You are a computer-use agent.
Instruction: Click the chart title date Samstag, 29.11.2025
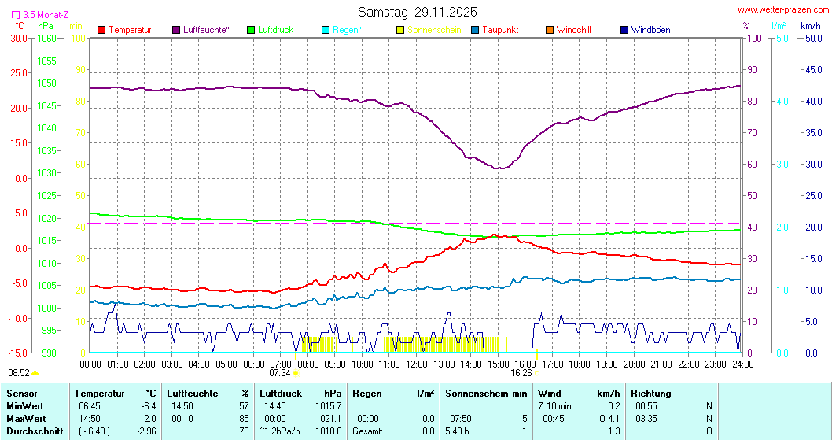point(417,12)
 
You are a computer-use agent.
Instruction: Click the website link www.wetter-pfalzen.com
point(782,9)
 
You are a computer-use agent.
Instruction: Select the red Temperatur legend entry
point(125,30)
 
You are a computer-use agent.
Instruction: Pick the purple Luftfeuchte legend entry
point(201,30)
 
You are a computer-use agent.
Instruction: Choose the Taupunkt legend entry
point(495,30)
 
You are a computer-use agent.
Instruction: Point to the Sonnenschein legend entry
point(429,30)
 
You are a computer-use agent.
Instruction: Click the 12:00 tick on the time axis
point(417,364)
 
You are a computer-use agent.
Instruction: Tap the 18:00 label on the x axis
point(580,364)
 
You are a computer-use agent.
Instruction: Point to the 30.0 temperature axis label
point(19,38)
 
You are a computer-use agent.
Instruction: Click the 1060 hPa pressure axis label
point(47,38)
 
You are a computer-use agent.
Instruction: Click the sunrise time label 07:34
point(280,372)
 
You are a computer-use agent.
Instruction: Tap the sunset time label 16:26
point(521,372)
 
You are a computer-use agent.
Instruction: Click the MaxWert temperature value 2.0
point(149,418)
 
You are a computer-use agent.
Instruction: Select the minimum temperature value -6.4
point(148,405)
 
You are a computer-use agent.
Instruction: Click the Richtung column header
point(651,393)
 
